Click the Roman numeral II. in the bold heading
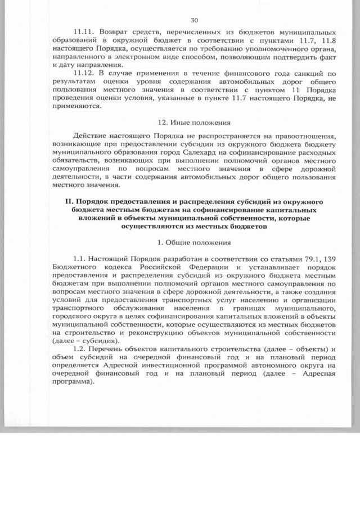[70, 201]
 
